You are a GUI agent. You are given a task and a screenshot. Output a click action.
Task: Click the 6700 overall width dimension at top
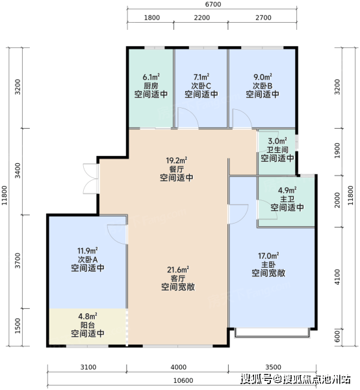click(213, 5)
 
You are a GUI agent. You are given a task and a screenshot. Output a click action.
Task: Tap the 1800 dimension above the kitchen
click(152, 18)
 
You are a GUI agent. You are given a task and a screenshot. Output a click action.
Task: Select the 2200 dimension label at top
click(202, 18)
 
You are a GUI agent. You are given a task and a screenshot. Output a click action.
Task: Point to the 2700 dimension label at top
click(263, 18)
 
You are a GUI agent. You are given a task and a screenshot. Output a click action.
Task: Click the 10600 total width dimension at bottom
click(183, 380)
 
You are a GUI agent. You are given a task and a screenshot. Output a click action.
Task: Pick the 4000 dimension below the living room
click(179, 367)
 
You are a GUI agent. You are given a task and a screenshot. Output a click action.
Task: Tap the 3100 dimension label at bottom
click(88, 367)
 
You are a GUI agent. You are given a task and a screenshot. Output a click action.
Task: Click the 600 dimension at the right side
click(337, 336)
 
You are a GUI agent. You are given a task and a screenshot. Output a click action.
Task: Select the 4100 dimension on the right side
click(337, 277)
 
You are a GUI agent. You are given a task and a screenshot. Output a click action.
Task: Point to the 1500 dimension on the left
click(18, 326)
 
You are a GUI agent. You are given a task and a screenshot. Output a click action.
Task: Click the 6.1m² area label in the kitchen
click(151, 77)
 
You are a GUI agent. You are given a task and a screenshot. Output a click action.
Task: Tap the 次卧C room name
click(201, 86)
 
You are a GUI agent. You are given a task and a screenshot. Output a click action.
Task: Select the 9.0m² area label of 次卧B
click(263, 77)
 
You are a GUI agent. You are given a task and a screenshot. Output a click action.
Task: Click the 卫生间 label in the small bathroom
click(277, 149)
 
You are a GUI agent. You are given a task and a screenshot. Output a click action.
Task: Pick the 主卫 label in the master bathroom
click(287, 199)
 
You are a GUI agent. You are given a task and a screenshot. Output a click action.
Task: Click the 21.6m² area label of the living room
click(178, 270)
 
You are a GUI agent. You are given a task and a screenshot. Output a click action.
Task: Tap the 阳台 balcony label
click(88, 325)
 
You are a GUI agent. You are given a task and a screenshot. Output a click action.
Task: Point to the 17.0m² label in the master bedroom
click(268, 255)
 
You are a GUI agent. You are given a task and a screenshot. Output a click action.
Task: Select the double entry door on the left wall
click(91, 178)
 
